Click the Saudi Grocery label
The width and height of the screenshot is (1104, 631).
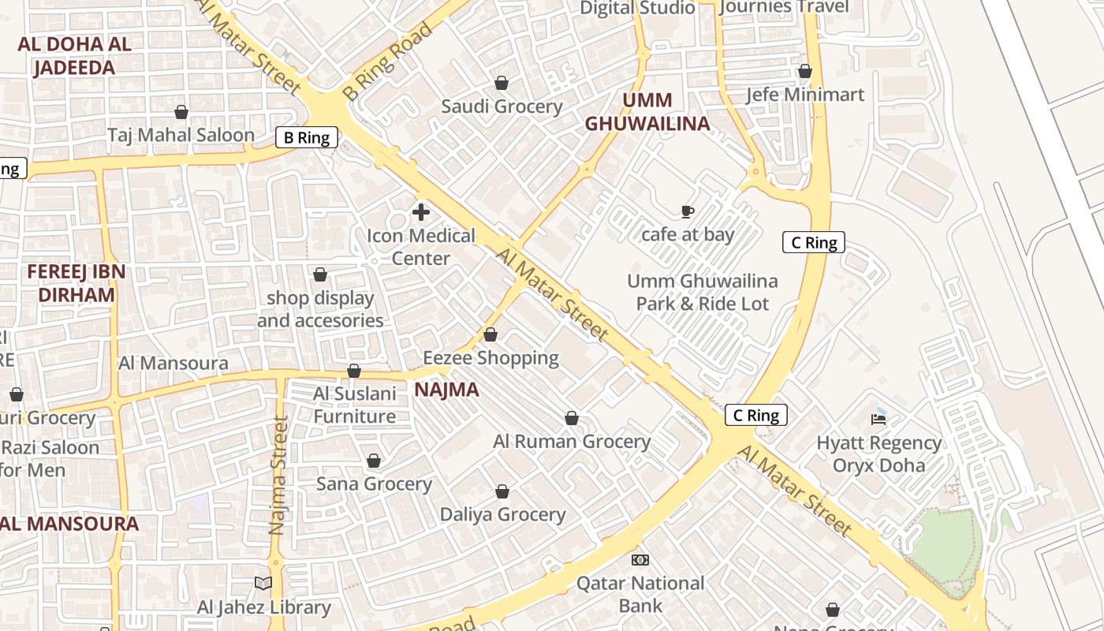point(502,106)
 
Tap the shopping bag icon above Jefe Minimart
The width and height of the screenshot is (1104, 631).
point(804,72)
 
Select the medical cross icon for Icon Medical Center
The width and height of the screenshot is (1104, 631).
point(421,211)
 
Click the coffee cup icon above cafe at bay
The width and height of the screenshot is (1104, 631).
point(688,211)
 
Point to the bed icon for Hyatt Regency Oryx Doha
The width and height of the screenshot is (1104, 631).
point(878,419)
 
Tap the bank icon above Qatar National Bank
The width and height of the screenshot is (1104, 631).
point(640,560)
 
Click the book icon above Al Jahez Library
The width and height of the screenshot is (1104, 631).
point(263,584)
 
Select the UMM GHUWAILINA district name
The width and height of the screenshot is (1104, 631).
point(647,111)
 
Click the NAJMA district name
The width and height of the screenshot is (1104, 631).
point(446,390)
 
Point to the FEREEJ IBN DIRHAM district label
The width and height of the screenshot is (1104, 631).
point(76,283)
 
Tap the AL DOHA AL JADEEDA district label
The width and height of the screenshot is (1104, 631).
point(74,55)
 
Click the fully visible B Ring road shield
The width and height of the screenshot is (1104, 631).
point(307,138)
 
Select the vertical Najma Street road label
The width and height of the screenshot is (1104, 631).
point(277,476)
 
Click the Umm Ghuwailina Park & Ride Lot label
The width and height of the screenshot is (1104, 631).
point(702,292)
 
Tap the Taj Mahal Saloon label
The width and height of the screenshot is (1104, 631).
point(181,135)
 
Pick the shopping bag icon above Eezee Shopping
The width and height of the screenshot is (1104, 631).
point(490,335)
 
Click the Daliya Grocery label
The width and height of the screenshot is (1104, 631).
point(502,514)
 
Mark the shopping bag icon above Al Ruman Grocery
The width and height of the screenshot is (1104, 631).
point(572,418)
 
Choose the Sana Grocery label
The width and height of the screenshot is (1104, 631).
point(374,484)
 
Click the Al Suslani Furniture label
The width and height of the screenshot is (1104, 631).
point(355,405)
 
